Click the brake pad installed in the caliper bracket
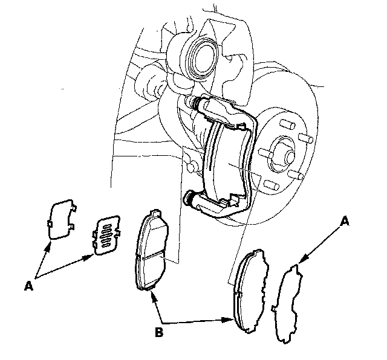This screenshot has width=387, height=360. (x=229, y=162)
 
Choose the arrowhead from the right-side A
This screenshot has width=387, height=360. (x=301, y=261)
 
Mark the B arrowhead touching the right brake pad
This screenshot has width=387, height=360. (x=232, y=320)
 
